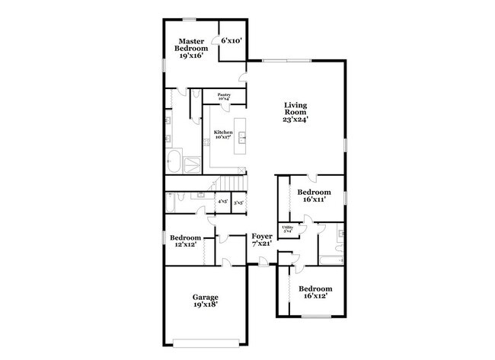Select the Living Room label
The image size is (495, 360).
click(295, 113)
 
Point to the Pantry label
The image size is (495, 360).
click(224, 97)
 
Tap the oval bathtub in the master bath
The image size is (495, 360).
click(173, 163)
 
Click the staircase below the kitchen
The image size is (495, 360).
click(230, 184)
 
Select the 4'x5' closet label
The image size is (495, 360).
click(223, 202)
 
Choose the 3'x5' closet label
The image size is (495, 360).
click(238, 202)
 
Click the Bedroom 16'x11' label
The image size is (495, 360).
click(313, 196)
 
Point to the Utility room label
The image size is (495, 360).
click(288, 228)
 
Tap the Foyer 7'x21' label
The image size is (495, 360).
click(262, 240)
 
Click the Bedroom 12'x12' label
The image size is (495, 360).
click(185, 241)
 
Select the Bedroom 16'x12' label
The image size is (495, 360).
click(315, 293)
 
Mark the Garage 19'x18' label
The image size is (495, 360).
click(205, 301)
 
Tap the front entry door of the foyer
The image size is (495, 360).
click(262, 264)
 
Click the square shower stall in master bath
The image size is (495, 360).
click(192, 162)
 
